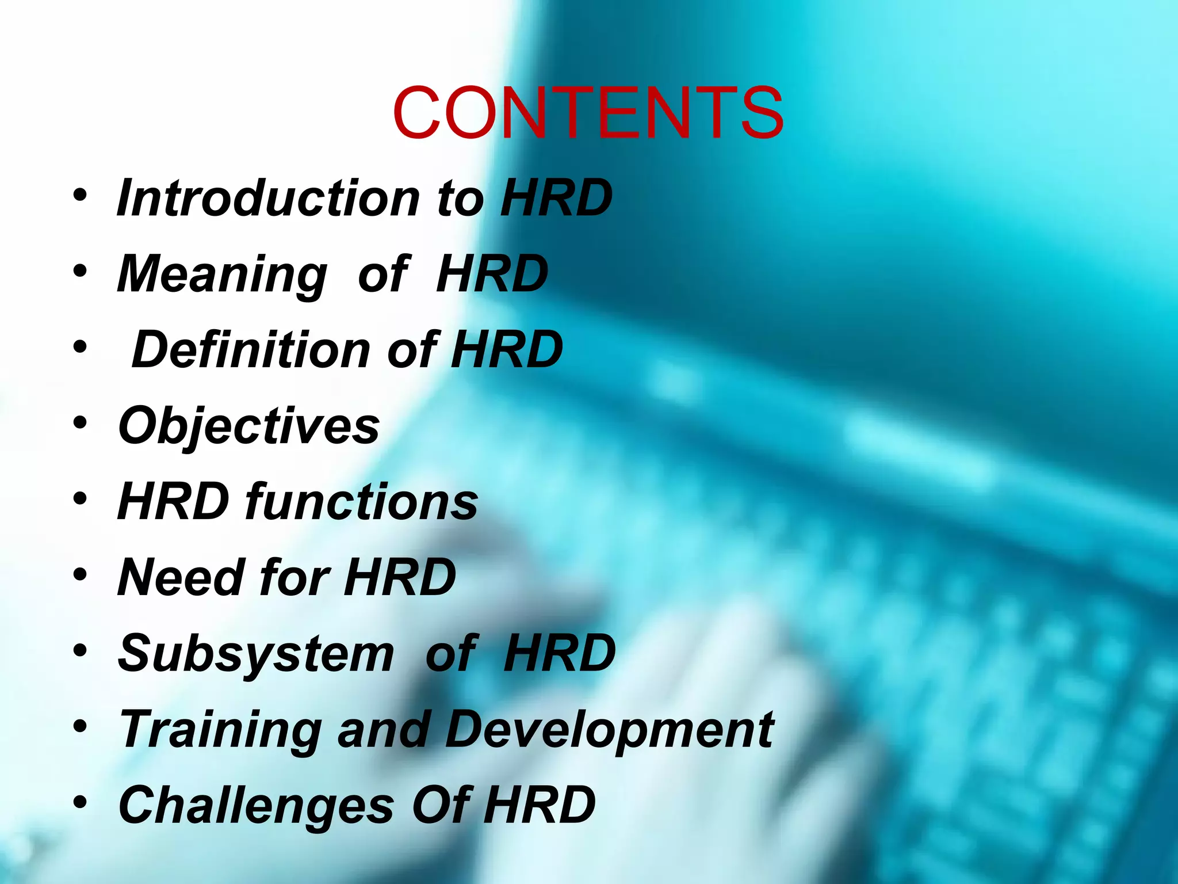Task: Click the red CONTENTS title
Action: coord(588,113)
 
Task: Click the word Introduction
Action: coord(268,198)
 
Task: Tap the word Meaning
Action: coord(222,274)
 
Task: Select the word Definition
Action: coord(251,350)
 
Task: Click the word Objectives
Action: coord(248,426)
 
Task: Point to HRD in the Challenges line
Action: coord(539,805)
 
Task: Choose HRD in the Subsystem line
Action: coord(559,653)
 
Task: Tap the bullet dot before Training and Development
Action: coord(80,726)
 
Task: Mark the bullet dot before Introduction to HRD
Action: coord(80,196)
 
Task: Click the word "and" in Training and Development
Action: coord(384,730)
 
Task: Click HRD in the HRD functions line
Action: coord(173,502)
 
